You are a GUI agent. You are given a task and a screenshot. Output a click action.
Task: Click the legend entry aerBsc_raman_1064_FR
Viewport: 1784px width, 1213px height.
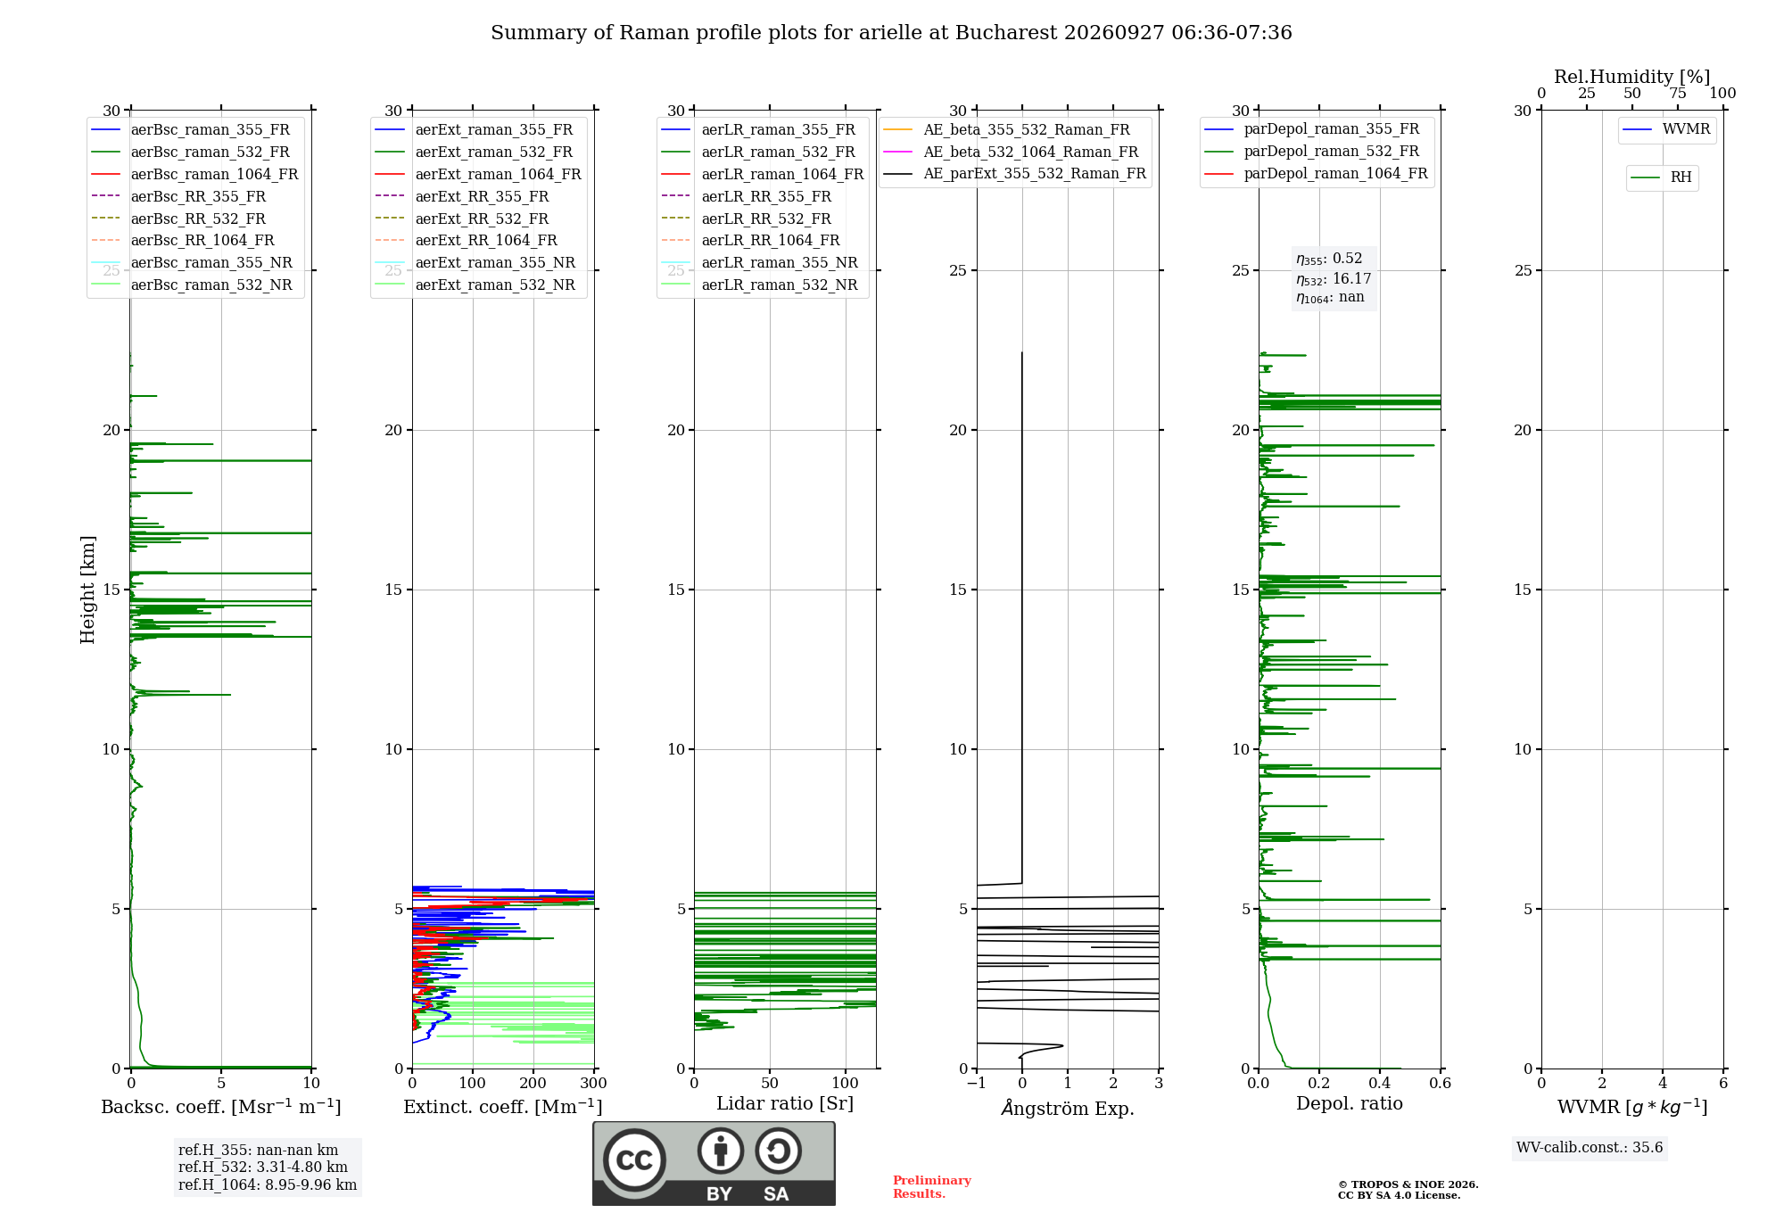[x=194, y=174]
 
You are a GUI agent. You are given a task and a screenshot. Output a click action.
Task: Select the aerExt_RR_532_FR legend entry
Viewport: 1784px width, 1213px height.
[x=462, y=219]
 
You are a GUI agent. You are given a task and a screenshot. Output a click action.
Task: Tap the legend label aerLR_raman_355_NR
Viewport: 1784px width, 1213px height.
[x=759, y=262]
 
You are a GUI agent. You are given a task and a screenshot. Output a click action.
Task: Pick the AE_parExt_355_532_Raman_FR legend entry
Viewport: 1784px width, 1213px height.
[x=1015, y=173]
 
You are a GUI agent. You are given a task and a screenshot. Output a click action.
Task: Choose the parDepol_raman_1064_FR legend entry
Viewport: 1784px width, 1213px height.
[x=1316, y=173]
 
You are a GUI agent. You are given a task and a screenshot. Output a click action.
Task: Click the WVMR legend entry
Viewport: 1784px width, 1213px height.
[x=1666, y=129]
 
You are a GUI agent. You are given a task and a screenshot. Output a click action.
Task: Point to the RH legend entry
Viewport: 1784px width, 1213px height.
[x=1661, y=177]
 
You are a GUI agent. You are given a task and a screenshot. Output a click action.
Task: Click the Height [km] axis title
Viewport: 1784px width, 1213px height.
[x=87, y=590]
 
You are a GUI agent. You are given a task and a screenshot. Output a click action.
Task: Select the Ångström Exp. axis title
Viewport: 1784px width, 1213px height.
[x=1068, y=1108]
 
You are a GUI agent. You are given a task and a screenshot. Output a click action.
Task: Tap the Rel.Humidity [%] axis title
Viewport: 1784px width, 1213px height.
[x=1632, y=77]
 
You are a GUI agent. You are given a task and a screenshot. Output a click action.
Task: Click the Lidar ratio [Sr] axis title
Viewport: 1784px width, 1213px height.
[x=785, y=1103]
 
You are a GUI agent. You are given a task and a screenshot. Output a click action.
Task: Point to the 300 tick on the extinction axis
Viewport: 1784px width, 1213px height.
[x=594, y=1083]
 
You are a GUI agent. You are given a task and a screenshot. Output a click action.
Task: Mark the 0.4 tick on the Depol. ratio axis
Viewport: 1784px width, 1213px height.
[x=1380, y=1083]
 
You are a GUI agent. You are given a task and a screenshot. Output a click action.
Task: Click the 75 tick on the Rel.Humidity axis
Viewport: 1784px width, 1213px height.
[x=1678, y=93]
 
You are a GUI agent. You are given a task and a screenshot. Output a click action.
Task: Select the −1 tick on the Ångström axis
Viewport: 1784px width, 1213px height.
[x=977, y=1083]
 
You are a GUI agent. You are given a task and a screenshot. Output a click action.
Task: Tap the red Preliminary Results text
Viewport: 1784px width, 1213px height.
[x=932, y=1187]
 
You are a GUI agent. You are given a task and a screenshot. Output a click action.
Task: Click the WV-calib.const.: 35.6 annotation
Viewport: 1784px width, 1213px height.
[x=1590, y=1148]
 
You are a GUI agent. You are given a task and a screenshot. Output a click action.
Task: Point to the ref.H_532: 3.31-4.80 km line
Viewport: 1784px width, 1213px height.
[x=263, y=1167]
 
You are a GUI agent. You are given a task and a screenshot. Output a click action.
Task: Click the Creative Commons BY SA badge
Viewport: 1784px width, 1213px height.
[x=714, y=1164]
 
